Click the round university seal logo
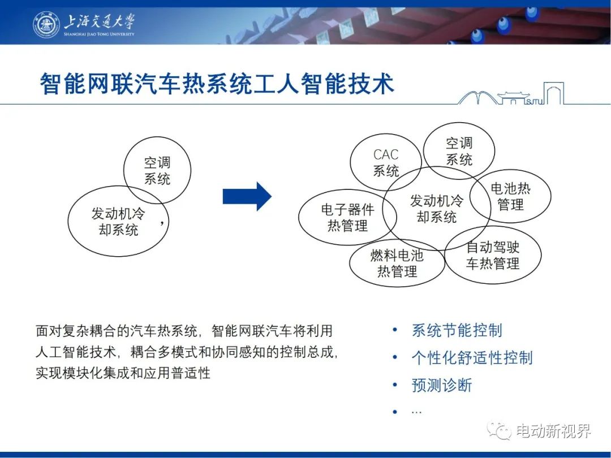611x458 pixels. pyautogui.click(x=46, y=24)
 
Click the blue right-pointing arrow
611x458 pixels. pyautogui.click(x=247, y=196)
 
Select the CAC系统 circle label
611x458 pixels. pyautogui.click(x=386, y=162)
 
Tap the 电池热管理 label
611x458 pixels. pyautogui.click(x=510, y=196)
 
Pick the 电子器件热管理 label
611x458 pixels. pyautogui.click(x=347, y=217)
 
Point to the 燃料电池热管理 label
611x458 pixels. pyautogui.click(x=397, y=263)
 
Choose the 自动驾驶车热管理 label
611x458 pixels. pyautogui.click(x=493, y=255)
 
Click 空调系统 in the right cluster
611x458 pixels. pyautogui.click(x=459, y=151)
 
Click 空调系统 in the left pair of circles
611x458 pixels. pyautogui.click(x=157, y=171)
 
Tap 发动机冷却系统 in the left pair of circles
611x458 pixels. pyautogui.click(x=118, y=221)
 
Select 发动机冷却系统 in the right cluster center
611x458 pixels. pyautogui.click(x=436, y=209)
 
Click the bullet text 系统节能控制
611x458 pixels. pyautogui.click(x=457, y=330)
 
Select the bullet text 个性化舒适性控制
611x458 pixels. pyautogui.click(x=472, y=357)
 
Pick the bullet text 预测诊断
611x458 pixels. pyautogui.click(x=441, y=385)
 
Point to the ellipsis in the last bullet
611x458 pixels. pyautogui.click(x=416, y=412)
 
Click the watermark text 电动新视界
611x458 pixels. pyautogui.click(x=554, y=431)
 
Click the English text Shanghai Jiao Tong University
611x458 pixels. pyautogui.click(x=99, y=34)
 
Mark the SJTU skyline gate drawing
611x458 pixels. pyautogui.click(x=511, y=94)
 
